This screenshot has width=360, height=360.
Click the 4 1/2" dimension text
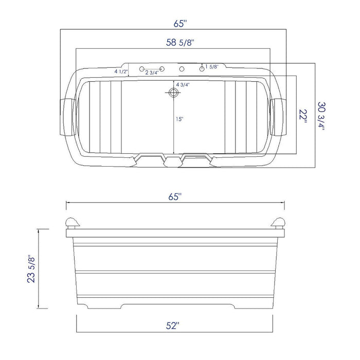[121, 71]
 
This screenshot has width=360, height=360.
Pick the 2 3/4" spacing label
[151, 73]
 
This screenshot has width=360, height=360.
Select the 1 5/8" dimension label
[212, 67]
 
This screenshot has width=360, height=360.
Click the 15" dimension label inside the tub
[178, 119]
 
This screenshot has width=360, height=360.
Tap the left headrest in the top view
[67, 116]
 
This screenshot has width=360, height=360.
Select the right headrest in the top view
[279, 116]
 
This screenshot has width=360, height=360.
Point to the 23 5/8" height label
[32, 267]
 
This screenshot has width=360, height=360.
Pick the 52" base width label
[173, 325]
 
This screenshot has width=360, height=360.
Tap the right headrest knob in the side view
[278, 223]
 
